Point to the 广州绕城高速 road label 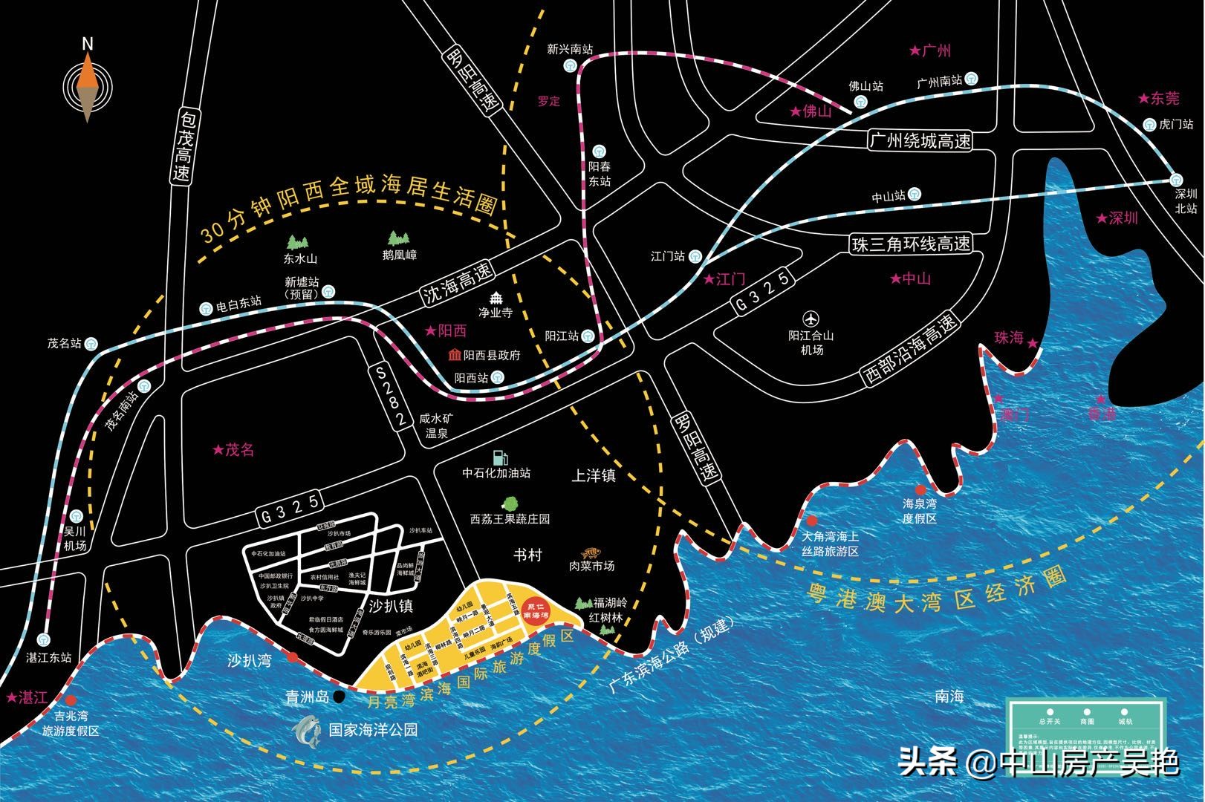(920, 140)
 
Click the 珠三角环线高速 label (911, 244)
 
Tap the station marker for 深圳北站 (1175, 179)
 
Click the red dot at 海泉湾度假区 (920, 489)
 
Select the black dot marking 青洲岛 (339, 696)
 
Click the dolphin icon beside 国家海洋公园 (308, 731)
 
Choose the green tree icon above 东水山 (299, 242)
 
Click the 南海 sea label (949, 697)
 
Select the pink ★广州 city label (930, 51)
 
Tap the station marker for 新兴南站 (570, 65)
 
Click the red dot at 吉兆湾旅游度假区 (71, 700)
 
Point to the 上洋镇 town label (593, 475)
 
